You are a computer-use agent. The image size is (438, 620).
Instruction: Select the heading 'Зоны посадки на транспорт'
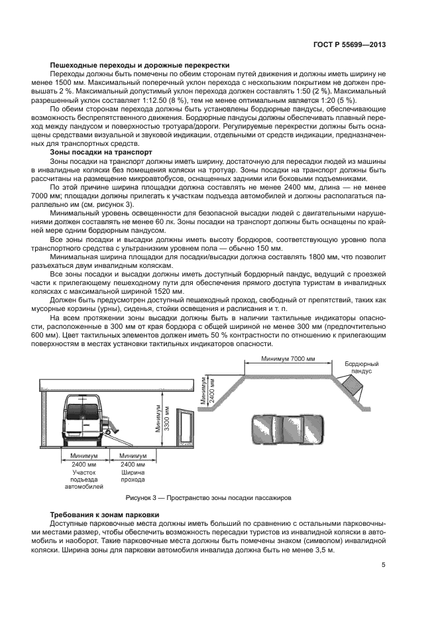[102, 151]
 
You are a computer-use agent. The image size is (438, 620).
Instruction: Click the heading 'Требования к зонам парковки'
[106, 515]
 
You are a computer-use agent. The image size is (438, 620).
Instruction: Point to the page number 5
[383, 565]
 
